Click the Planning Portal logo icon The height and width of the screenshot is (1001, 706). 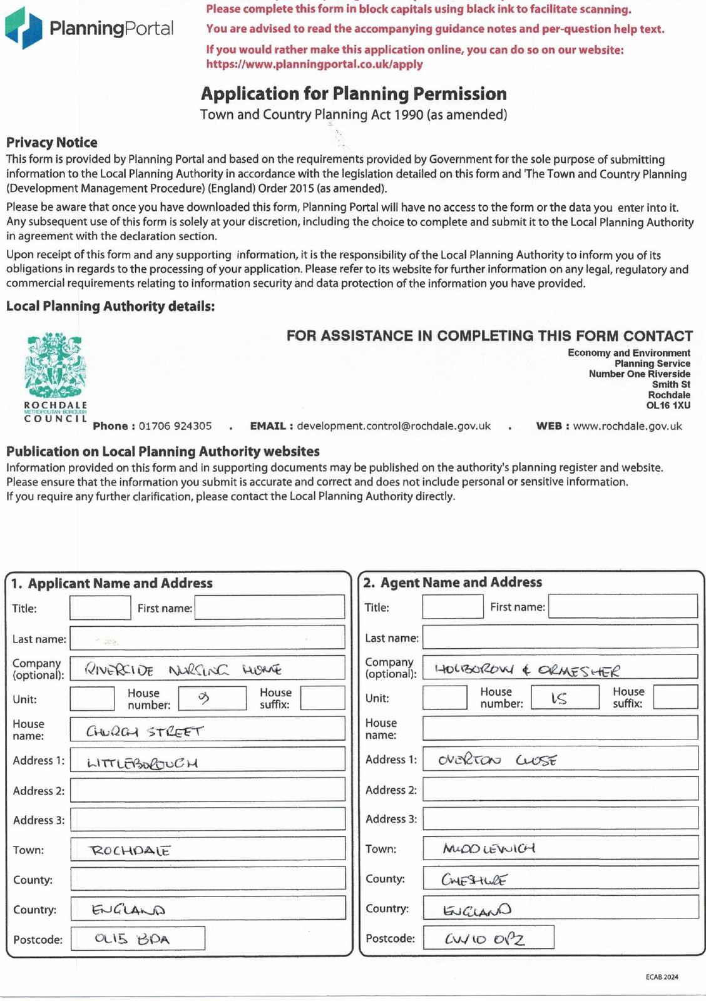[x=23, y=28]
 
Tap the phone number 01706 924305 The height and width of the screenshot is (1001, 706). [x=175, y=426]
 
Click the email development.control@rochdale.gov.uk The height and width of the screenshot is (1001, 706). [x=394, y=426]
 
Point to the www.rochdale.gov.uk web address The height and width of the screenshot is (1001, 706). [x=627, y=426]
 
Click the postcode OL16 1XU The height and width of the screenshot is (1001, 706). [x=668, y=405]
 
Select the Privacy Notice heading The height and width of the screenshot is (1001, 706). [x=52, y=143]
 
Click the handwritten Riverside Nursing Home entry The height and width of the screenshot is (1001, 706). [x=183, y=670]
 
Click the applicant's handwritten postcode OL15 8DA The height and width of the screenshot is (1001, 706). [x=131, y=939]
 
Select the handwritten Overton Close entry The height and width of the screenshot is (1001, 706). [x=497, y=760]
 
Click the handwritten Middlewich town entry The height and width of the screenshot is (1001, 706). [x=488, y=849]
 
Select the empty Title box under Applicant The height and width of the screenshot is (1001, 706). [x=100, y=608]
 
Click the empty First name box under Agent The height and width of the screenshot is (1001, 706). [x=623, y=606]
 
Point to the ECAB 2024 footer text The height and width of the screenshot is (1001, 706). [x=662, y=977]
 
